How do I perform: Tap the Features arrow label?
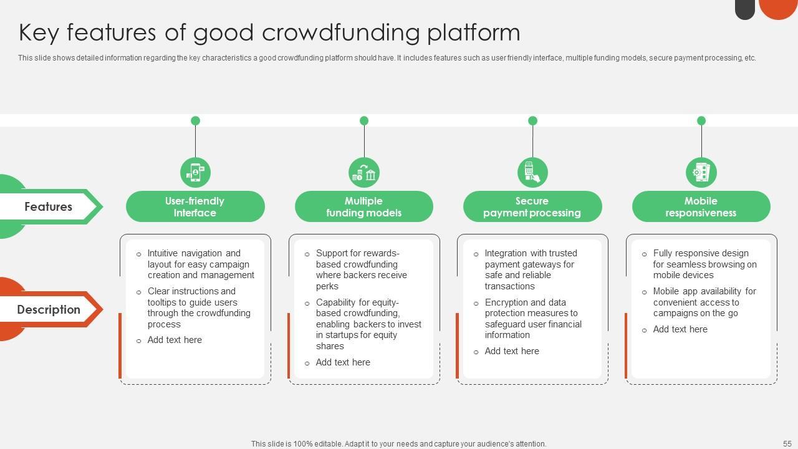pos(48,206)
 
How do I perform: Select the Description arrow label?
pos(48,309)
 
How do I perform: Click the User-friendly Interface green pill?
pos(195,206)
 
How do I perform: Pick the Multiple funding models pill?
pos(363,206)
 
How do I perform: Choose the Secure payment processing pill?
pos(532,206)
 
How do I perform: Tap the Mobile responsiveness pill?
pos(701,206)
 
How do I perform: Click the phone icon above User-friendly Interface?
pos(195,172)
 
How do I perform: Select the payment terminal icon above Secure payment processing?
pos(532,172)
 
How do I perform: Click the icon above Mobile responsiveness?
pos(701,172)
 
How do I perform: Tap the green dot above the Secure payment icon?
pos(532,120)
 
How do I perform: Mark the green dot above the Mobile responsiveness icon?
pos(701,120)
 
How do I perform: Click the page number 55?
pos(787,443)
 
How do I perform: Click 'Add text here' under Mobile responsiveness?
pos(680,329)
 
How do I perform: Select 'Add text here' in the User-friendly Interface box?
pos(175,340)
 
